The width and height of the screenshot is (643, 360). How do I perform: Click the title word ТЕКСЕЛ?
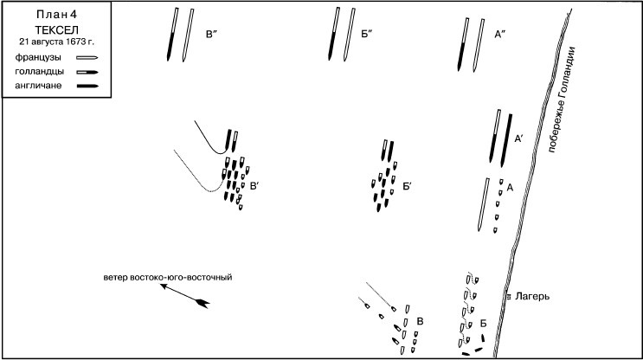click(56, 30)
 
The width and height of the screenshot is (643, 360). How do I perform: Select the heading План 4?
click(56, 15)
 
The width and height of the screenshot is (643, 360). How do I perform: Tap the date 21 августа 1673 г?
click(56, 42)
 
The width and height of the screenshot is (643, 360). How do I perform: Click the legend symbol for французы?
click(87, 58)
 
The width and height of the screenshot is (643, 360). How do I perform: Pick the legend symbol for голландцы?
click(87, 72)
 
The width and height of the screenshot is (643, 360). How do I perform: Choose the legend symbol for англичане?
click(87, 86)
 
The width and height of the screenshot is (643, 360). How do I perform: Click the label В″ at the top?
click(211, 35)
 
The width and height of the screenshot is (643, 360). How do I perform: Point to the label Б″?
click(366, 35)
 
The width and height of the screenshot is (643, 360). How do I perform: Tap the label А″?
click(499, 35)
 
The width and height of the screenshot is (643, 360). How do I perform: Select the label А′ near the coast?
click(518, 139)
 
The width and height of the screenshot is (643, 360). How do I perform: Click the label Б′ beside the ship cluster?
click(407, 187)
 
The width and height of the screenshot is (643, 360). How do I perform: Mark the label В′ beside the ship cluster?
click(254, 186)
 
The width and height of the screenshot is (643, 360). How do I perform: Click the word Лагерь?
click(532, 296)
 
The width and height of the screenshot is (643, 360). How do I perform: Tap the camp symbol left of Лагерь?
click(509, 297)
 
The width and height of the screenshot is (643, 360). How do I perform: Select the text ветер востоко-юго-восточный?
click(168, 278)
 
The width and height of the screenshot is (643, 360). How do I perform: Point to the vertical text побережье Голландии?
click(563, 100)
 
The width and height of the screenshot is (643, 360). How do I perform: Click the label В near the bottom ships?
click(420, 321)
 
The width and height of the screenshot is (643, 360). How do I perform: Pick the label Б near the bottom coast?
click(484, 324)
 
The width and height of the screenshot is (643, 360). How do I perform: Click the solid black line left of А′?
click(494, 136)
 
